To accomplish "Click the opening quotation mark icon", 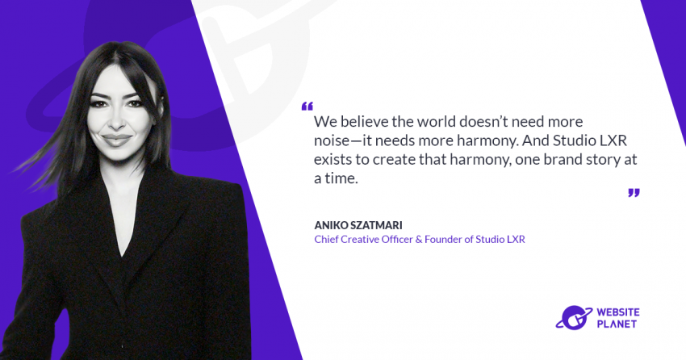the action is (x=307, y=107).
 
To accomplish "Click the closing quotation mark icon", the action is (x=634, y=192).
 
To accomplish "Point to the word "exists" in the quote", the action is (x=332, y=159).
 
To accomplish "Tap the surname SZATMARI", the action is (x=376, y=225).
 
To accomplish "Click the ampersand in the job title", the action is (x=418, y=239).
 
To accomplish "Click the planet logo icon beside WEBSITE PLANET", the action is (x=574, y=317).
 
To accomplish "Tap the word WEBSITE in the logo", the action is (x=617, y=312).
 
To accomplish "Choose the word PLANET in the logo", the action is (x=617, y=324).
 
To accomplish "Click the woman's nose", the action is (x=116, y=121).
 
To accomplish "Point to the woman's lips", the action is (x=116, y=140).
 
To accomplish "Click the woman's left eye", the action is (x=133, y=103).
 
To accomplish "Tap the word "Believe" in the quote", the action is (x=361, y=121).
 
